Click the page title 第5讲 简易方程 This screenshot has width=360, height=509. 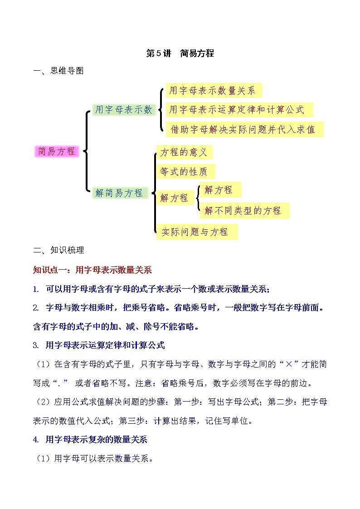180,53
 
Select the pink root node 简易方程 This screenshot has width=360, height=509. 57,151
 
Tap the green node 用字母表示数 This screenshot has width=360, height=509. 123,110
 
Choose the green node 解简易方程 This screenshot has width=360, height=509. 119,193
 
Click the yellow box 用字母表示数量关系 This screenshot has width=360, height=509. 212,91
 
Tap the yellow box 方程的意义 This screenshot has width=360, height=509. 184,152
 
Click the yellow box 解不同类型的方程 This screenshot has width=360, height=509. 243,210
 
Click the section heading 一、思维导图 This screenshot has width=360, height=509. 58,71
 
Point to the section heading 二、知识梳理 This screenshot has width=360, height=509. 58,250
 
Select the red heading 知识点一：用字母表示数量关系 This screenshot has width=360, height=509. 92,270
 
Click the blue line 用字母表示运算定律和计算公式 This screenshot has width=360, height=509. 99,345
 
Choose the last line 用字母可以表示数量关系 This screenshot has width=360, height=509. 94,459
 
